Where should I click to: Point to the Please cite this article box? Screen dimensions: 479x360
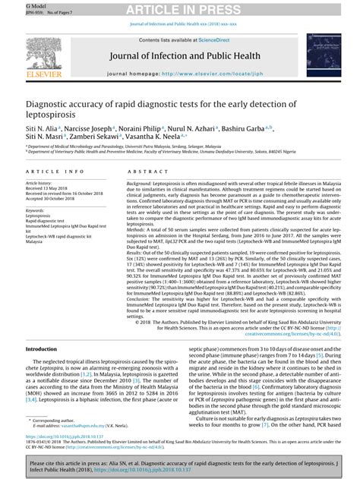(180, 465)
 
